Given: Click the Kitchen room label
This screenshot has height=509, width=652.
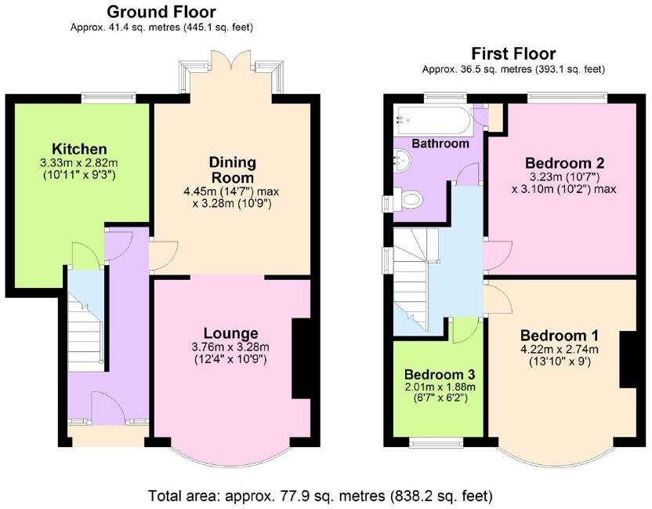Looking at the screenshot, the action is pyautogui.click(x=79, y=148).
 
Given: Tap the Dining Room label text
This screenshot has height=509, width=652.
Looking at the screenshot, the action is pyautogui.click(x=232, y=170).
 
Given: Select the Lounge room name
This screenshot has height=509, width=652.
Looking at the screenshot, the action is pyautogui.click(x=230, y=333).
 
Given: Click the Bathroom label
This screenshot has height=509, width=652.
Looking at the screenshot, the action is pyautogui.click(x=440, y=144).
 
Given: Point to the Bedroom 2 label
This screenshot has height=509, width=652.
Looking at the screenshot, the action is pyautogui.click(x=565, y=162).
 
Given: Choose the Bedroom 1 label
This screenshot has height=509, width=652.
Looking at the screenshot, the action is pyautogui.click(x=560, y=335).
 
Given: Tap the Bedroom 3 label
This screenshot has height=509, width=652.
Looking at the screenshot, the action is pyautogui.click(x=440, y=374).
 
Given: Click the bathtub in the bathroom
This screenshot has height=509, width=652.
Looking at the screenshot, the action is pyautogui.click(x=434, y=120).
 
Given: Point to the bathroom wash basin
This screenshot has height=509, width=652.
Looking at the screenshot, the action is pyautogui.click(x=402, y=160).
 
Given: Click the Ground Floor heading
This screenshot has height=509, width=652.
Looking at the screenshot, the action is pyautogui.click(x=161, y=12).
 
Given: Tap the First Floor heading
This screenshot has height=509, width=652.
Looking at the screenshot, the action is pyautogui.click(x=513, y=53).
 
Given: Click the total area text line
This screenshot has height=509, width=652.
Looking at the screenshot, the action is pyautogui.click(x=321, y=496).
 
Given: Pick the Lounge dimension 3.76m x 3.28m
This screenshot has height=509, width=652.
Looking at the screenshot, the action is pyautogui.click(x=230, y=347).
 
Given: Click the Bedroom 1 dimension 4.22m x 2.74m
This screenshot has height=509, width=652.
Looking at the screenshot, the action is pyautogui.click(x=560, y=349).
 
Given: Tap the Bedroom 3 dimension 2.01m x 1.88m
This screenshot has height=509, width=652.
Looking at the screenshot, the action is pyautogui.click(x=440, y=387).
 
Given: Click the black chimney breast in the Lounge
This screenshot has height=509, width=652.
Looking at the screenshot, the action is pyautogui.click(x=302, y=359).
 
